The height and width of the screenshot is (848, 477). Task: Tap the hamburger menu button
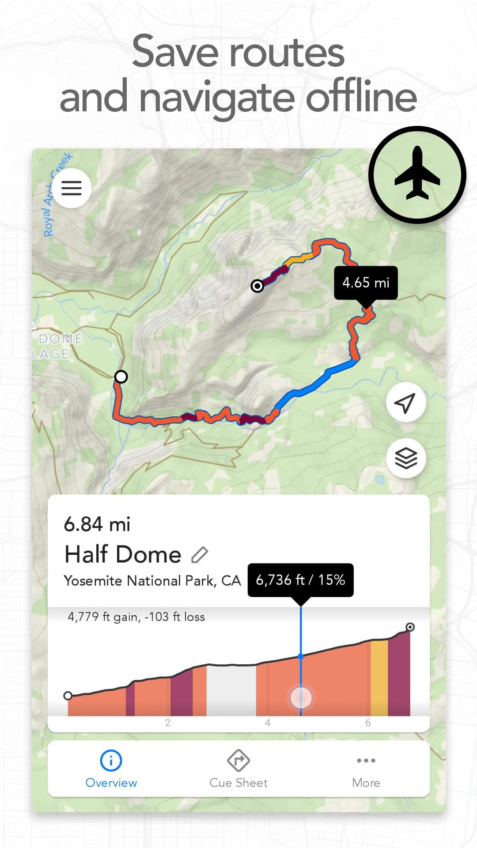pyautogui.click(x=71, y=188)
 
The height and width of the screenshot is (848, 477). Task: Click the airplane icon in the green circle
pyautogui.click(x=417, y=175)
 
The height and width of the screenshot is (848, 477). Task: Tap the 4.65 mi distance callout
pyautogui.click(x=366, y=283)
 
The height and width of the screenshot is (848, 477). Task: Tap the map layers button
pyautogui.click(x=405, y=458)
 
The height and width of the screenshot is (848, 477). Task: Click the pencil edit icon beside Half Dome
pyautogui.click(x=200, y=555)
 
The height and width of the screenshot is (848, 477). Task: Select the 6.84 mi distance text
pyautogui.click(x=97, y=524)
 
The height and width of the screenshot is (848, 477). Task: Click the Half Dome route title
pyautogui.click(x=123, y=554)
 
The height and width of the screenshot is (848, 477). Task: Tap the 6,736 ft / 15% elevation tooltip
pyautogui.click(x=300, y=580)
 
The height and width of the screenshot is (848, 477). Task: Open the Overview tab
pyautogui.click(x=111, y=769)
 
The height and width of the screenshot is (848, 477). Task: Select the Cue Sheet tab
pyautogui.click(x=238, y=769)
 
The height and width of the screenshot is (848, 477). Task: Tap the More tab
pyautogui.click(x=366, y=769)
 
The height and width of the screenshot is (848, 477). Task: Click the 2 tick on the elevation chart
pyautogui.click(x=168, y=723)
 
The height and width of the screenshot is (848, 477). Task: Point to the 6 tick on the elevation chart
pyautogui.click(x=368, y=723)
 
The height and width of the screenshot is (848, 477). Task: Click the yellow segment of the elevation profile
pyautogui.click(x=379, y=678)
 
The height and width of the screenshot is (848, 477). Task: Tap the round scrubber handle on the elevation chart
pyautogui.click(x=301, y=697)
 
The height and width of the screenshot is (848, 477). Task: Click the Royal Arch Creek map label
pyautogui.click(x=57, y=194)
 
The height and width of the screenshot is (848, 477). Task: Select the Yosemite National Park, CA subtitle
pyautogui.click(x=152, y=580)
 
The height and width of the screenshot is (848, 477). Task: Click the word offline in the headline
pyautogui.click(x=361, y=97)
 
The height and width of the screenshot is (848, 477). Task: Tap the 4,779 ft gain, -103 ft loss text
pyautogui.click(x=136, y=617)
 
